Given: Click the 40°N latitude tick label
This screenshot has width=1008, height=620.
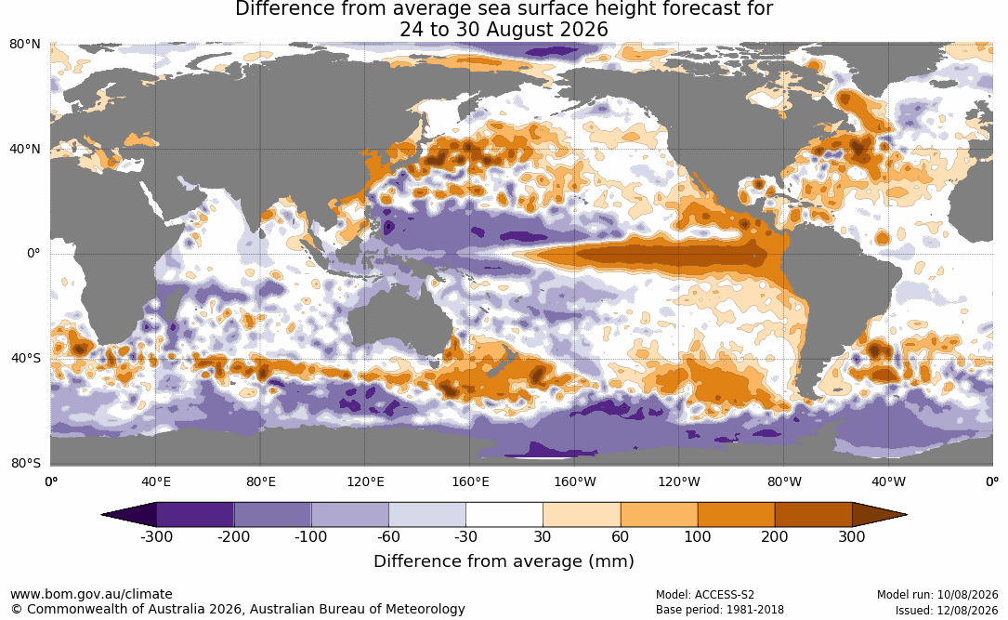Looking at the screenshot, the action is click(25, 150).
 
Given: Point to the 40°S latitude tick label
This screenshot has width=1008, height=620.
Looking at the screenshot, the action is click(26, 358).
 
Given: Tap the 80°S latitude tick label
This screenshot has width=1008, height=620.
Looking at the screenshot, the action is click(26, 463).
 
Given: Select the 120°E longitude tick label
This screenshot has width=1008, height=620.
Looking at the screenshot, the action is click(365, 481).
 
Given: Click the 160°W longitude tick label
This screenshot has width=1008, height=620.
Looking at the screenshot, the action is click(575, 481).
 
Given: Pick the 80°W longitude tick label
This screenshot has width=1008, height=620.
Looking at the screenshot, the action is click(784, 481).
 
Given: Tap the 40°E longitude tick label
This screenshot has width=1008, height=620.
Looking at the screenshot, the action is click(155, 481).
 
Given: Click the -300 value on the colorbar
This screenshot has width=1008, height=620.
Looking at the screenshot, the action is click(156, 536).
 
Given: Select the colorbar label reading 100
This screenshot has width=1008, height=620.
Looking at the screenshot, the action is click(698, 536).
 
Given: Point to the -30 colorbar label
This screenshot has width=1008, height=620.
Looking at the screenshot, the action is click(465, 536).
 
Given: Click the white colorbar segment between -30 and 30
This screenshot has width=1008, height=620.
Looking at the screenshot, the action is click(504, 515).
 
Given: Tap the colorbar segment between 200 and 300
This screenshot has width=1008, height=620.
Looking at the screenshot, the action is click(813, 515).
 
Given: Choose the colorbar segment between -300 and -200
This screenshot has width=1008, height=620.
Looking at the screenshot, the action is click(195, 515).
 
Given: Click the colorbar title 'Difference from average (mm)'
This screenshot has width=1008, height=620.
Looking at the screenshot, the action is click(504, 561).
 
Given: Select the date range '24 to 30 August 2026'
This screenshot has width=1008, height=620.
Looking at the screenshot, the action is click(504, 30).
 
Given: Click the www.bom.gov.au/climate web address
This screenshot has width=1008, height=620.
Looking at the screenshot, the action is click(91, 594).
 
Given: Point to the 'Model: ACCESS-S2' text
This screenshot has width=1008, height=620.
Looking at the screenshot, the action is click(705, 595).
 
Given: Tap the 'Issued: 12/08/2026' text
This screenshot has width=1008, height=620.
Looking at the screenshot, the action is click(947, 610).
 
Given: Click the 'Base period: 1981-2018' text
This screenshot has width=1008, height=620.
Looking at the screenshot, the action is click(720, 610).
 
